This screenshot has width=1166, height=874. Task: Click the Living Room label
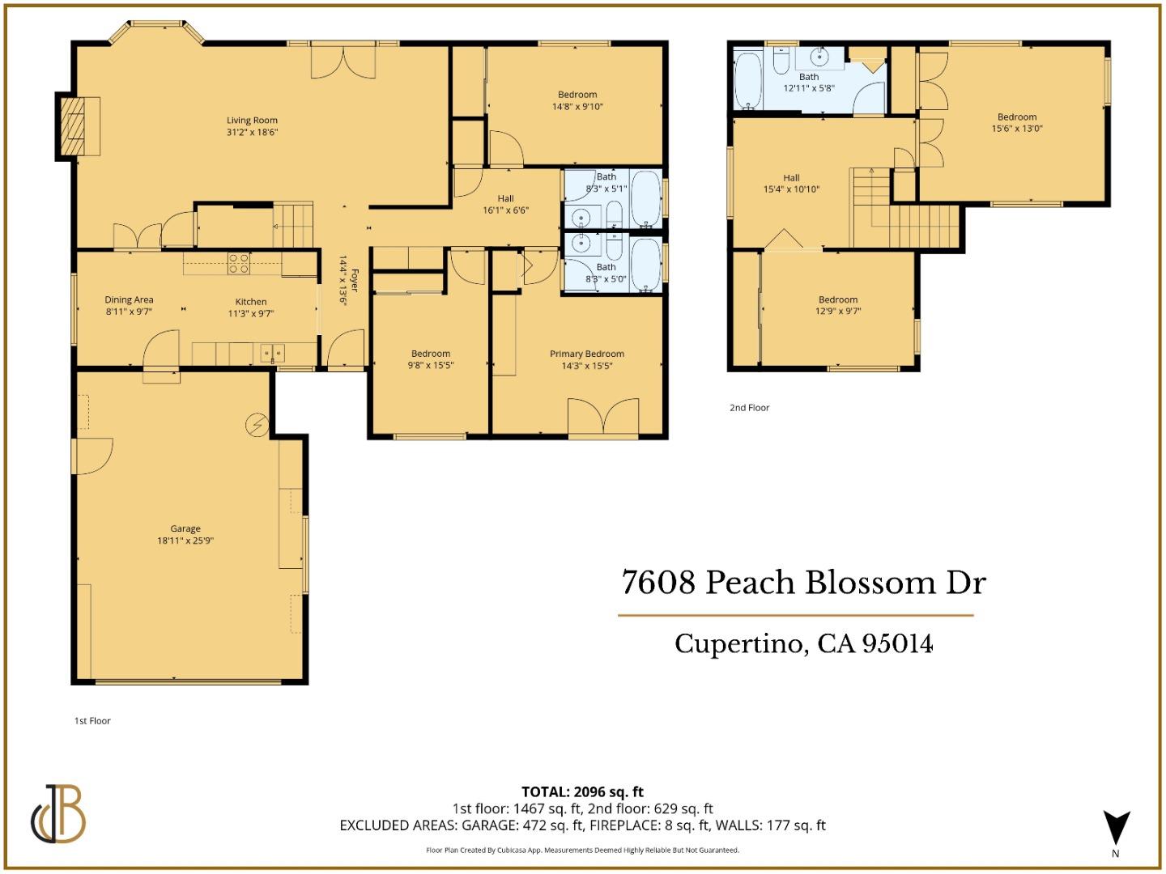[252, 121]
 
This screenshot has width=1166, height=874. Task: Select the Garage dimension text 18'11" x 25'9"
[185, 541]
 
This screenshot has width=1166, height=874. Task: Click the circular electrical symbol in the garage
[257, 425]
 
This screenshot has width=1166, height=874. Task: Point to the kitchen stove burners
[238, 263]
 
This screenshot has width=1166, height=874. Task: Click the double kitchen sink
[272, 353]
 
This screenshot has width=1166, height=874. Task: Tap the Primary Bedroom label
[586, 354]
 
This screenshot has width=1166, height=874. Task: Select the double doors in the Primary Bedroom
[603, 417]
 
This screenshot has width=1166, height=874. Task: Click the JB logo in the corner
[59, 814]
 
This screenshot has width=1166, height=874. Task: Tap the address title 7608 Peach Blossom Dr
[803, 583]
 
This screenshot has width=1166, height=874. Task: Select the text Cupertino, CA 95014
[803, 644]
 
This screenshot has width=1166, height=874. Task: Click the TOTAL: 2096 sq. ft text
[582, 791]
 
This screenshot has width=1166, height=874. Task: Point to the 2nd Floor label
[749, 408]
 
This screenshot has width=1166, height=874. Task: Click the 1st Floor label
[92, 721]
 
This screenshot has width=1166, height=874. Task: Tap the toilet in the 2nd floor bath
[781, 62]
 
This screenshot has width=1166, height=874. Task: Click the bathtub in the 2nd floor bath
[748, 81]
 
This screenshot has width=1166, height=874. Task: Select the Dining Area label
[129, 300]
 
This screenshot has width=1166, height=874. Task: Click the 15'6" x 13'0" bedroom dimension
[1017, 128]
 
